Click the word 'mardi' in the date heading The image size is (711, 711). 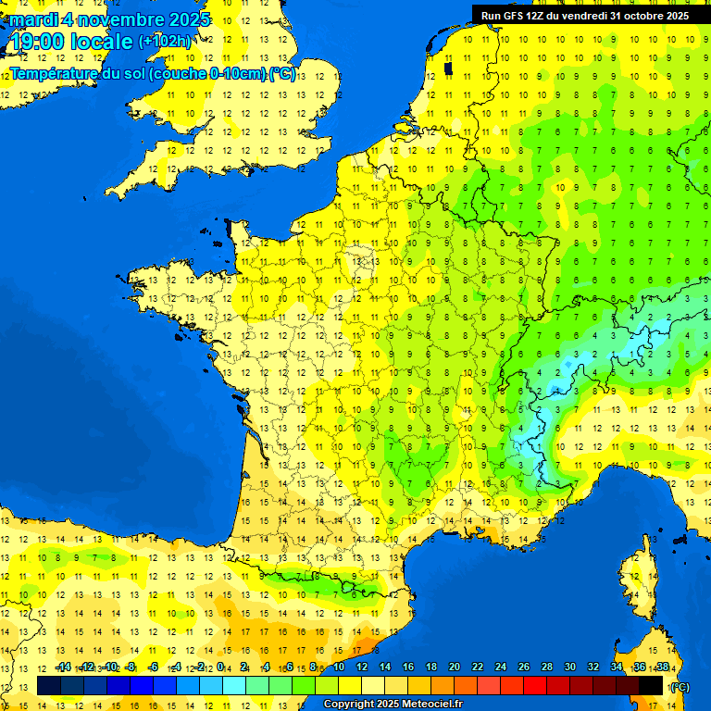tap(33, 19)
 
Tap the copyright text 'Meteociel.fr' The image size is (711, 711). tap(431, 705)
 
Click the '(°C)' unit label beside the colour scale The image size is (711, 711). tap(679, 687)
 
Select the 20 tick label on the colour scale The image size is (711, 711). tap(454, 667)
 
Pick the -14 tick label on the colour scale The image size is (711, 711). tap(63, 667)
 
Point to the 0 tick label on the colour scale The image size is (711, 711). tap(221, 667)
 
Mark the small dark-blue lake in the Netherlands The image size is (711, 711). tap(448, 68)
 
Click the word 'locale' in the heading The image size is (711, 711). tap(106, 42)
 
